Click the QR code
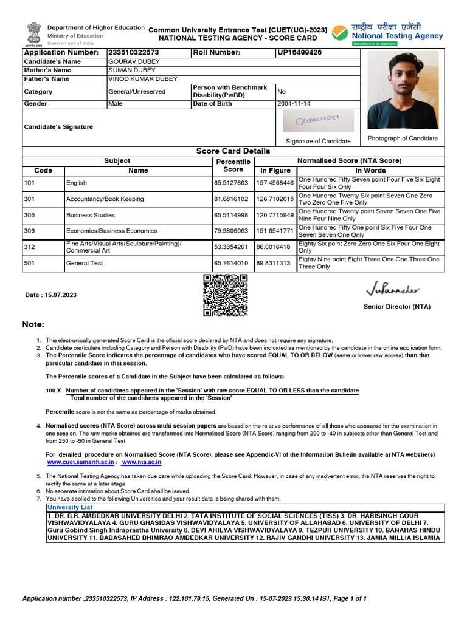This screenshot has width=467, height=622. pyautogui.click(x=225, y=295)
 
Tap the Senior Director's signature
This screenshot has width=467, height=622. pyautogui.click(x=392, y=287)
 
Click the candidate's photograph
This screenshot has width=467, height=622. pyautogui.click(x=403, y=90)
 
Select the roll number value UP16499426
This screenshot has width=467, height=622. pyautogui.click(x=300, y=53)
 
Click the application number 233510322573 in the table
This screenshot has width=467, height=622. pyautogui.click(x=133, y=53)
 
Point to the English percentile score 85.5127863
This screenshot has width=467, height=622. pyautogui.click(x=230, y=183)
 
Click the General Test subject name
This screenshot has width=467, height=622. pyautogui.click(x=85, y=263)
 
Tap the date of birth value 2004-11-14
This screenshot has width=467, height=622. pyautogui.click(x=294, y=104)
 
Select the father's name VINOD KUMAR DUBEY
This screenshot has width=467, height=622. pyautogui.click(x=143, y=79)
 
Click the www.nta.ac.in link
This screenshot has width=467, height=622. pyautogui.click(x=141, y=462)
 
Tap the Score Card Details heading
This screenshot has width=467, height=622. pyautogui.click(x=233, y=151)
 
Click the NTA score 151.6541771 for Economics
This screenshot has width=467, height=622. pyautogui.click(x=275, y=231)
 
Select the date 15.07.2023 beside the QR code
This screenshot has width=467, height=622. pyautogui.click(x=51, y=295)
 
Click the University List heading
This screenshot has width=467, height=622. pyautogui.click(x=70, y=507)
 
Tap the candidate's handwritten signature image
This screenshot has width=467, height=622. pyautogui.click(x=317, y=121)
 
